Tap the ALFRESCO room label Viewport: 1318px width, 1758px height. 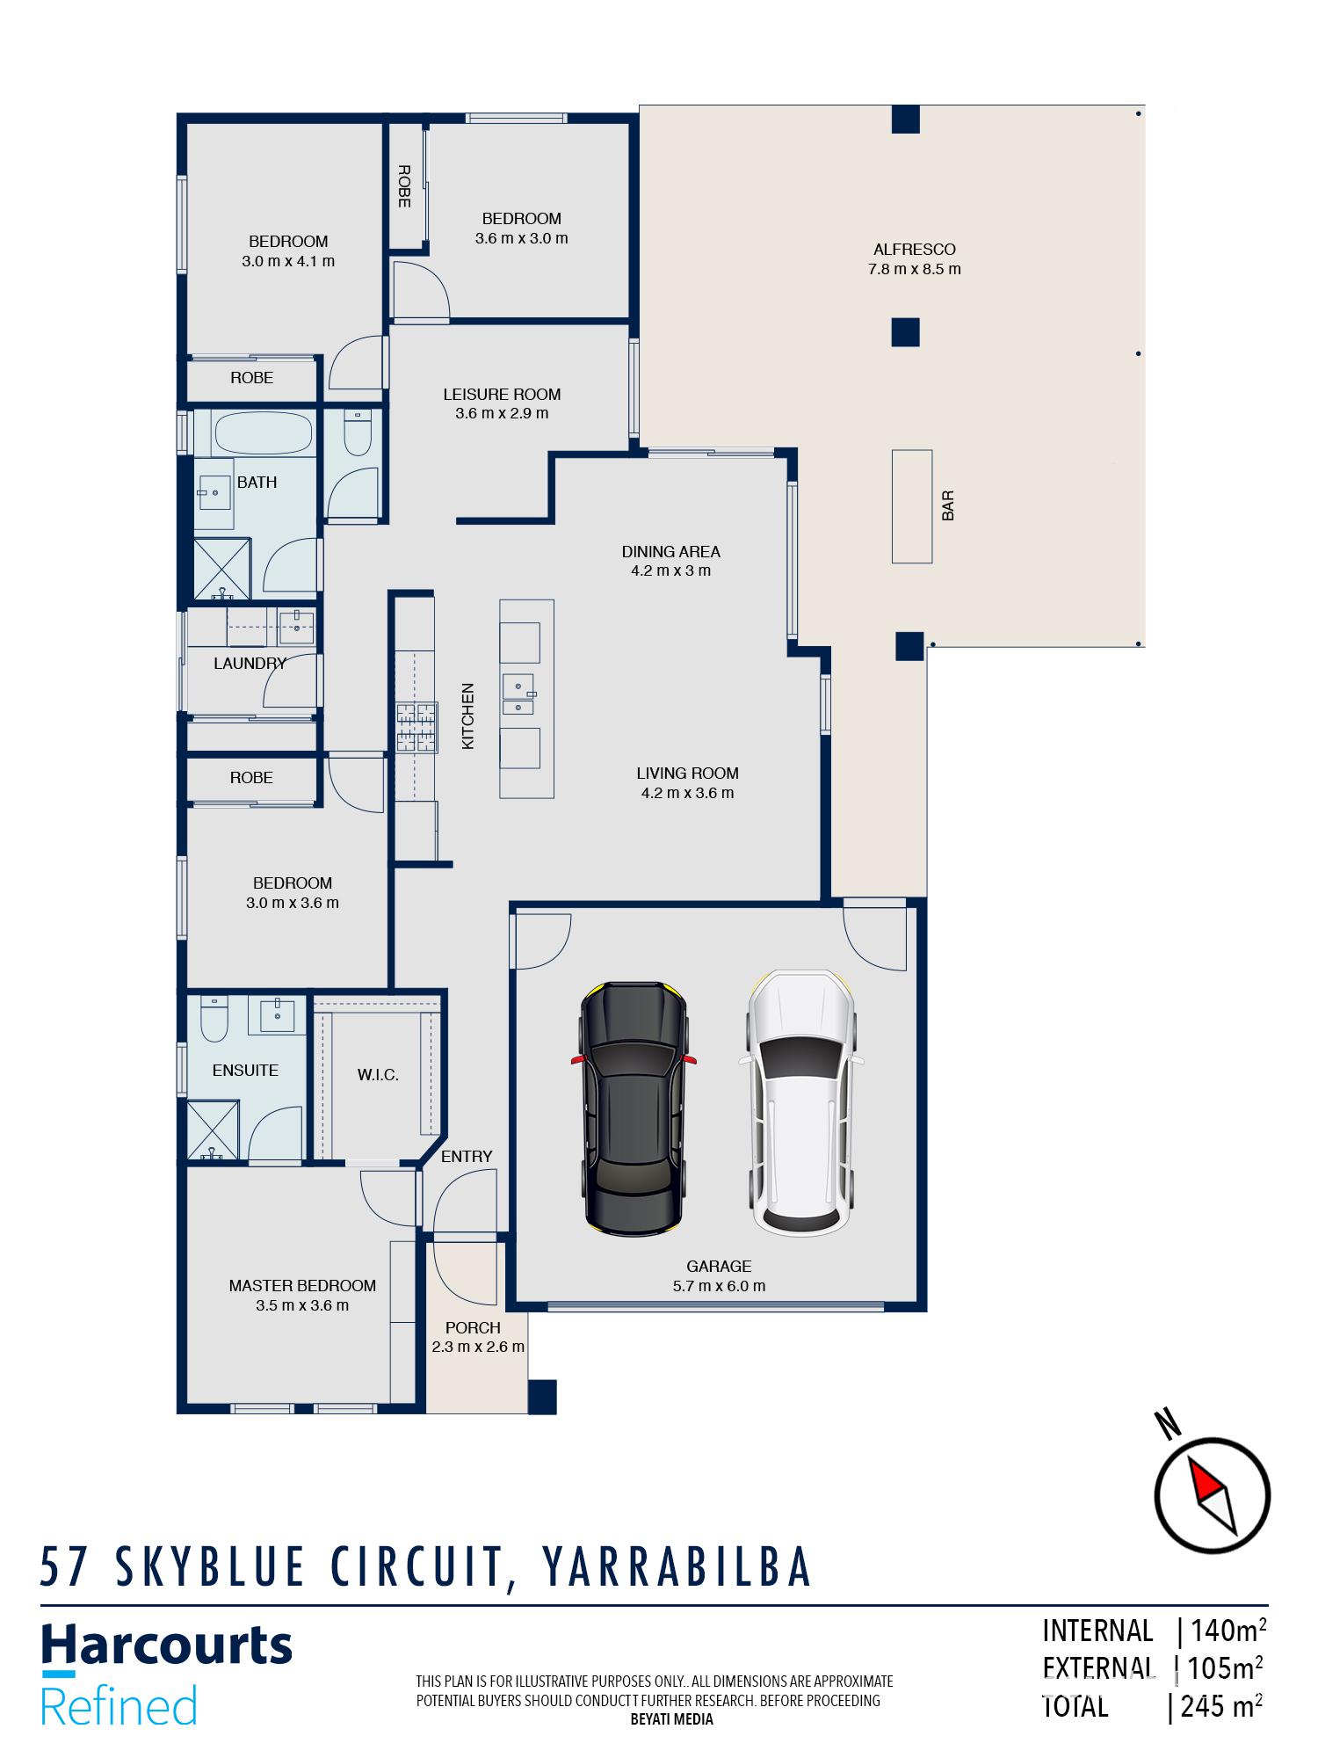tap(914, 250)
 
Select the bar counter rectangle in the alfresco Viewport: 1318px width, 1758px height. tap(911, 506)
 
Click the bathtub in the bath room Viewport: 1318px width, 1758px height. tap(263, 433)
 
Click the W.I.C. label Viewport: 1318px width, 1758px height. tap(378, 1075)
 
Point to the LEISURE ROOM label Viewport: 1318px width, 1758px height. tap(502, 395)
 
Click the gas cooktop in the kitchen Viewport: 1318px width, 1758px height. tap(416, 727)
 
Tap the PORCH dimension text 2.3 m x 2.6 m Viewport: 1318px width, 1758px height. tap(478, 1347)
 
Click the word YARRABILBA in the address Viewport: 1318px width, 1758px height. tap(677, 1567)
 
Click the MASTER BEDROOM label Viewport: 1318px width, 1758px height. tap(302, 1286)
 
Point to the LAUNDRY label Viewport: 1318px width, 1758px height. tap(250, 664)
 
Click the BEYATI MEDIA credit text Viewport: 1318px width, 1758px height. tap(671, 1719)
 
